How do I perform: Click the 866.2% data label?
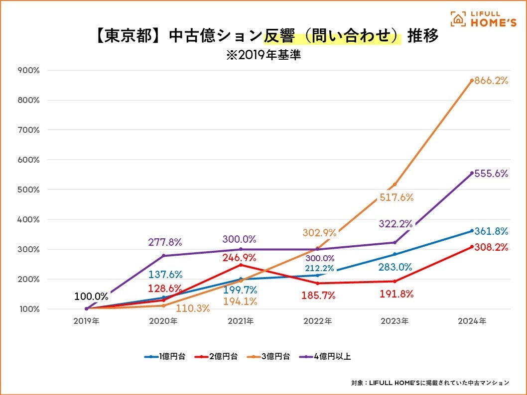coord(491,80)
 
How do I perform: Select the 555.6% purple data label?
coord(491,174)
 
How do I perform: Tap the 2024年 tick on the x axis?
coord(472,321)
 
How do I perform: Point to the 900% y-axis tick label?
coord(29,70)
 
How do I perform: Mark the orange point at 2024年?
coord(472,80)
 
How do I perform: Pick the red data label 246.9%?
coord(239,258)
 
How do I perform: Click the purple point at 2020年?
coord(163,256)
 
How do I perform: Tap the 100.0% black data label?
coord(91,296)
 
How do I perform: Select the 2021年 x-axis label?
coord(241,321)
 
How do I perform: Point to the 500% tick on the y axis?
coord(29,190)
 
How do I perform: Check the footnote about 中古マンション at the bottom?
coord(430,383)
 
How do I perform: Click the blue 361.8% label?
coord(491,231)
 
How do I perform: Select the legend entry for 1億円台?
coord(165,356)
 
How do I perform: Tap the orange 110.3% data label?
coord(193,308)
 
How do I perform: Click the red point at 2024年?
coord(472,246)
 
